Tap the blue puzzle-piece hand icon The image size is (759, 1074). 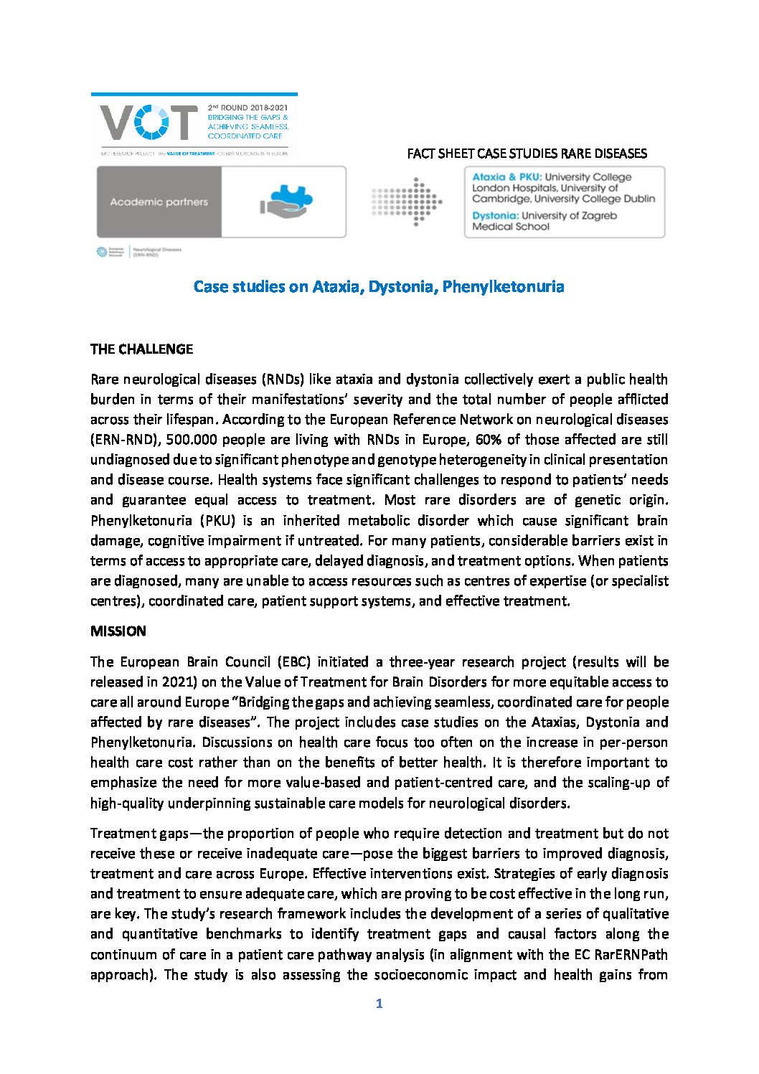[x=286, y=202]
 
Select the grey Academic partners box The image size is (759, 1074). [x=159, y=202]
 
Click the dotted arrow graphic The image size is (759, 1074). [x=407, y=202]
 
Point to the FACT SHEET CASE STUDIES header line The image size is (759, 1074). [x=527, y=154]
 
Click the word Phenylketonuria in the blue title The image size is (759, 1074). [x=503, y=286]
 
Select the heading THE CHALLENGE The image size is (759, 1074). [x=141, y=349]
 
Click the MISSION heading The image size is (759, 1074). [x=118, y=631]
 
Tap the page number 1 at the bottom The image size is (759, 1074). [x=379, y=1004]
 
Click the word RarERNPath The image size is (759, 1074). [x=633, y=954]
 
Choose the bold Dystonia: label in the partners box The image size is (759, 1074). [x=495, y=215]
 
